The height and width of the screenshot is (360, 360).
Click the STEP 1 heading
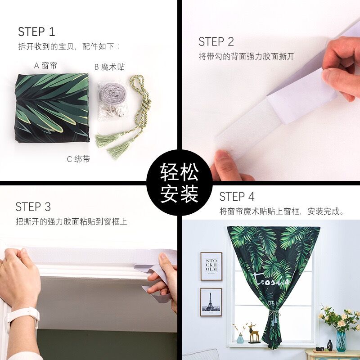click(x=36, y=32)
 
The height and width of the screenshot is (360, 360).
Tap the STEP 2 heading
click(x=216, y=42)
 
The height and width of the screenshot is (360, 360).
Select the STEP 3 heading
click(x=33, y=207)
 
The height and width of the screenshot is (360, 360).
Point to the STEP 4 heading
click(x=237, y=197)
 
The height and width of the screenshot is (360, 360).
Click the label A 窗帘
click(x=45, y=66)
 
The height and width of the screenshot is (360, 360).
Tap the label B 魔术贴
click(x=109, y=67)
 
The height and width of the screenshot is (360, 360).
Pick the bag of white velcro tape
click(x=111, y=103)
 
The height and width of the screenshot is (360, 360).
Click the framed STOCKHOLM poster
click(x=211, y=266)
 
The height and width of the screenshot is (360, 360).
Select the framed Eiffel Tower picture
click(x=211, y=301)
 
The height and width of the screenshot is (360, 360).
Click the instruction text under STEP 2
click(x=246, y=57)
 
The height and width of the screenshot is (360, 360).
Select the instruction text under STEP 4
click(x=282, y=211)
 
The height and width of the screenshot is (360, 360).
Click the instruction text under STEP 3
click(x=71, y=221)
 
